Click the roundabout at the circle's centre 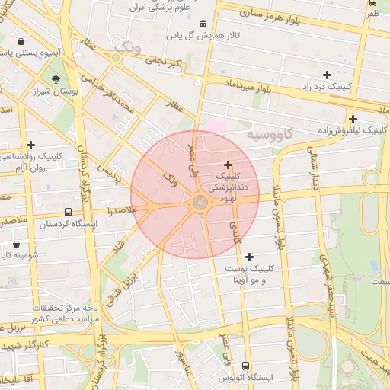point(200,202)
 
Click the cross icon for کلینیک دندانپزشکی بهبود point(228,165)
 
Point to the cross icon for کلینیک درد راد point(327,75)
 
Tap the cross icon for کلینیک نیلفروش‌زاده point(353,119)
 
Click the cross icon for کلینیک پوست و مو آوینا point(249,257)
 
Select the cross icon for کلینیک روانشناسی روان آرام point(30,145)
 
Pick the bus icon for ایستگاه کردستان point(69,213)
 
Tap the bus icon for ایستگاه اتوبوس point(245,366)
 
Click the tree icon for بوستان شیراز point(56,79)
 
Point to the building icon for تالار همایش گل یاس point(201,24)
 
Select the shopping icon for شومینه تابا point(16,245)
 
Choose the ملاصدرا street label point(121,209)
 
